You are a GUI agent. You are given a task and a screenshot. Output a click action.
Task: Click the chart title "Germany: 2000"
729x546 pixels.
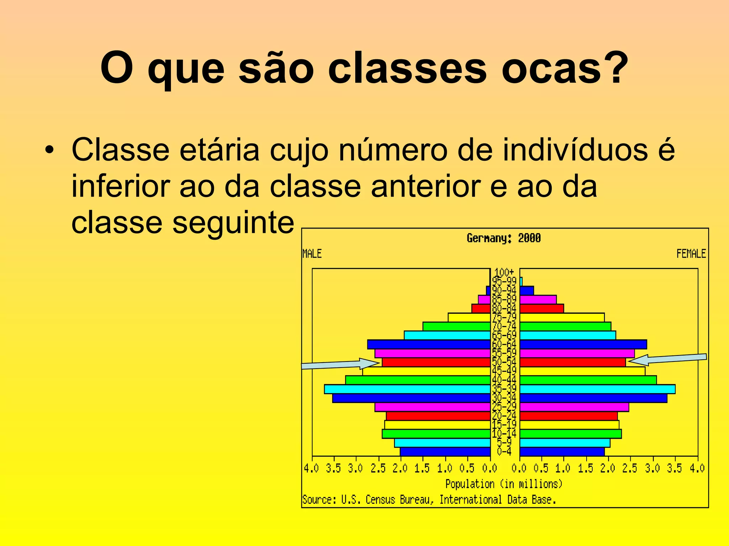click(x=503, y=238)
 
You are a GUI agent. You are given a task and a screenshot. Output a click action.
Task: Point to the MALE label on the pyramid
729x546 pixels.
click(x=312, y=254)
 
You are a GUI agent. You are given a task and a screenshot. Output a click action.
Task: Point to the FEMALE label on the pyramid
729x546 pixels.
click(x=691, y=254)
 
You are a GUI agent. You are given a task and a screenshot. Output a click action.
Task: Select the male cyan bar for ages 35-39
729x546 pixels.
click(x=407, y=389)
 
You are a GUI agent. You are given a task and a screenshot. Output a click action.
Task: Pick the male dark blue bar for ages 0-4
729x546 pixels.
click(x=445, y=452)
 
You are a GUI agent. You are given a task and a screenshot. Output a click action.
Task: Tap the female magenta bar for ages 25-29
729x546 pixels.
click(x=574, y=407)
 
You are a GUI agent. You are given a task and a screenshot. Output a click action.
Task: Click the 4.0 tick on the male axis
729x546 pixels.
click(x=311, y=469)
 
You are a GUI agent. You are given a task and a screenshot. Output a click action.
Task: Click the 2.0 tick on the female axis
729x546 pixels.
click(x=608, y=469)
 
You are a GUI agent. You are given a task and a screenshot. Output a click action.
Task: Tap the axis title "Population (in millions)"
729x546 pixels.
click(x=504, y=484)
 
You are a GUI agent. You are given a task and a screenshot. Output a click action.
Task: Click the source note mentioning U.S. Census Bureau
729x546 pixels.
click(x=429, y=500)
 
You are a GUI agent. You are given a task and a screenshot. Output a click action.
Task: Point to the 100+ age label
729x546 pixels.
click(x=504, y=272)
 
